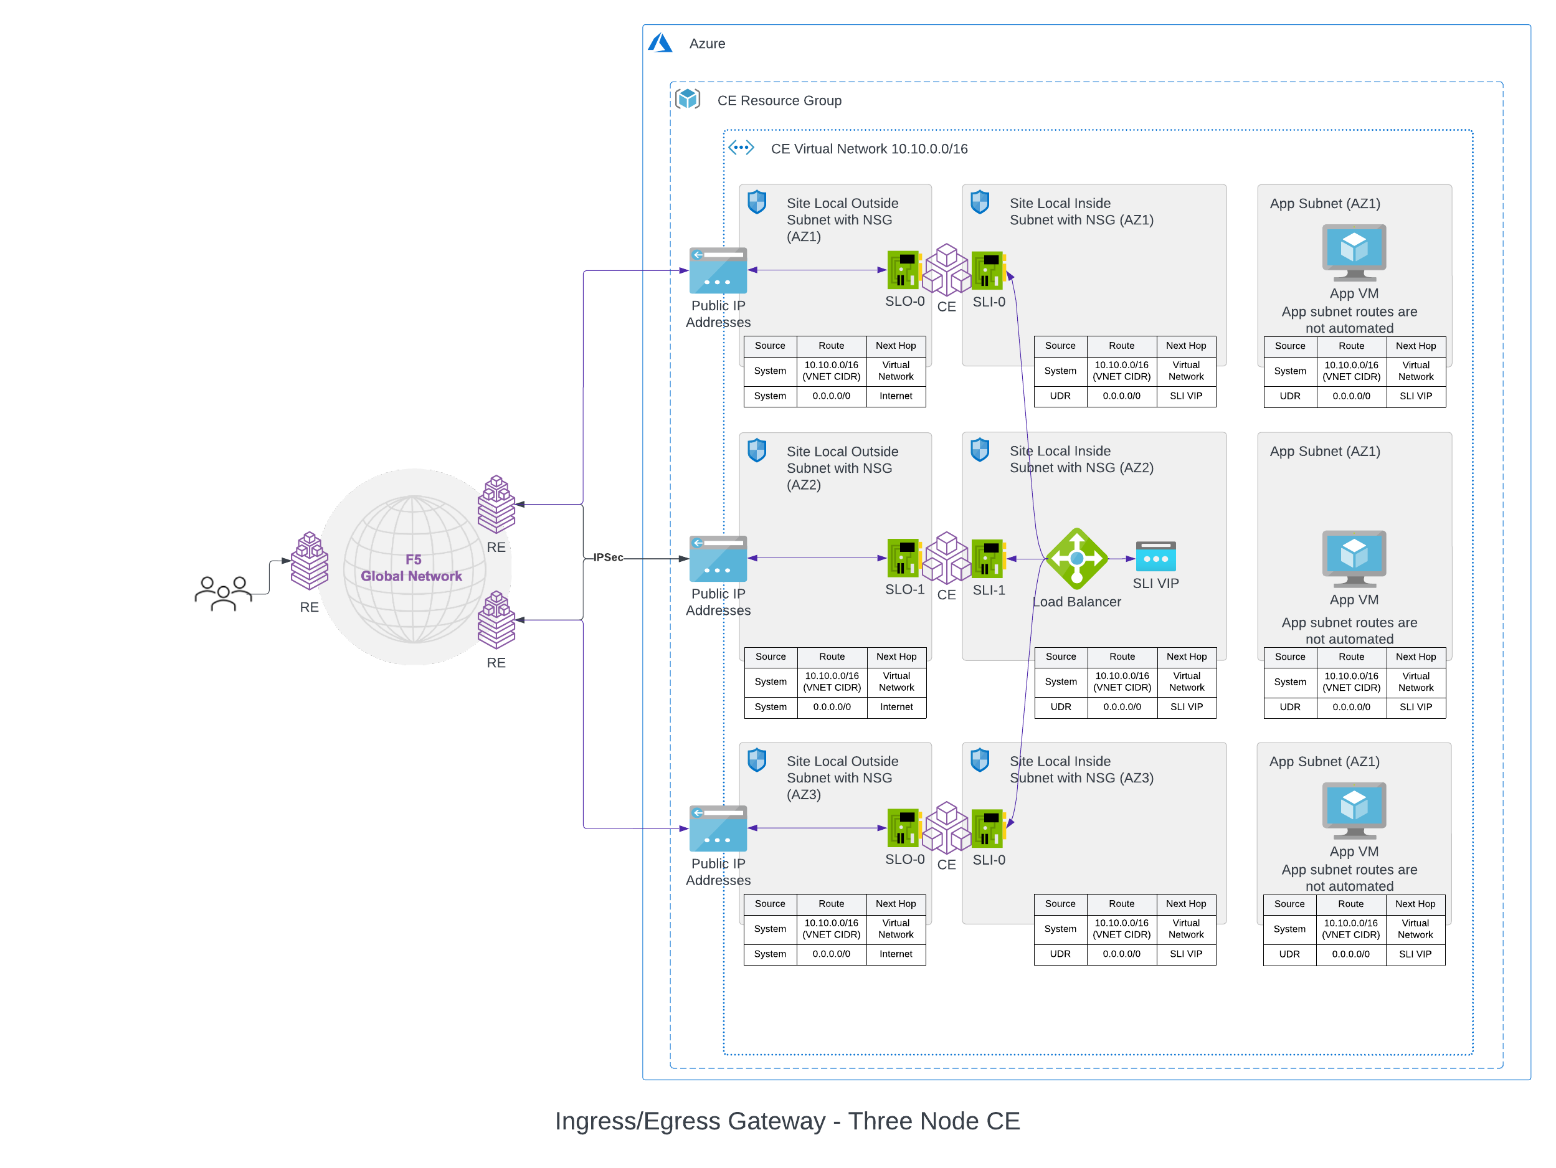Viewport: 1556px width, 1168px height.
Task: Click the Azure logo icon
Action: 660,44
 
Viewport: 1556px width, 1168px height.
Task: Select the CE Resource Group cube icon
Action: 687,99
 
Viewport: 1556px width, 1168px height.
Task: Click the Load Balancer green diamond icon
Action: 1076,559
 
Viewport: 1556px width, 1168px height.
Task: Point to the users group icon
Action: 223,593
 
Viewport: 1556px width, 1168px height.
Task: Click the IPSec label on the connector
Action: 608,558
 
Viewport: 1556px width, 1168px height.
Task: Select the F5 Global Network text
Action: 412,568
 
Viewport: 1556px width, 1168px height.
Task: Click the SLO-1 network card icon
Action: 903,558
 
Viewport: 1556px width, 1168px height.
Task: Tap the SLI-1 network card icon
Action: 988,558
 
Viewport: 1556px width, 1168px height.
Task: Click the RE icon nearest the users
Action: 310,561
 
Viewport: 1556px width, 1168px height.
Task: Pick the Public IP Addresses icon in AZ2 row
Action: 718,559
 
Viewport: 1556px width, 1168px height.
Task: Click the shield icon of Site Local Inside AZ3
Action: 979,760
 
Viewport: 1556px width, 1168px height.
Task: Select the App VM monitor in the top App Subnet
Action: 1354,252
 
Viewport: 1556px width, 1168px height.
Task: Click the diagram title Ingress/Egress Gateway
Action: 787,1121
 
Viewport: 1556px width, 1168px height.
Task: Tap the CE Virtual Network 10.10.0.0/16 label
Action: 869,149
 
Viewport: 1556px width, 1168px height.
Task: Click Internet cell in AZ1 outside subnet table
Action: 896,396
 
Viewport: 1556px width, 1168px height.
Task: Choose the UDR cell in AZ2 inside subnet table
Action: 1060,707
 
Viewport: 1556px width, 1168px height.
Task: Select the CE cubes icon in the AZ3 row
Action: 946,827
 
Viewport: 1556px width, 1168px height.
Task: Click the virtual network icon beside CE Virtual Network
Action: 741,148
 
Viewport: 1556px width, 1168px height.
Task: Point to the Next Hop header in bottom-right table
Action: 1415,904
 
